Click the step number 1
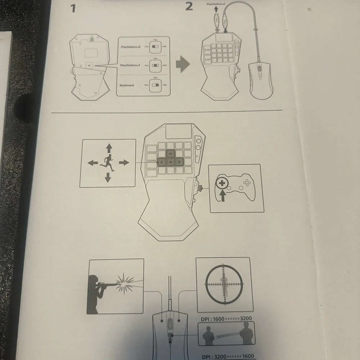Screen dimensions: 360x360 (73, 8)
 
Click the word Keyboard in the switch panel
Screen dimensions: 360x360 (127, 85)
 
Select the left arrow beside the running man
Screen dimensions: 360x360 (93, 163)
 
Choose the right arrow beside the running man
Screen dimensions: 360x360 (123, 163)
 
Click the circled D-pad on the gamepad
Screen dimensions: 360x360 (222, 183)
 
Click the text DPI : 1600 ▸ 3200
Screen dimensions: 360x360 (226, 318)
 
